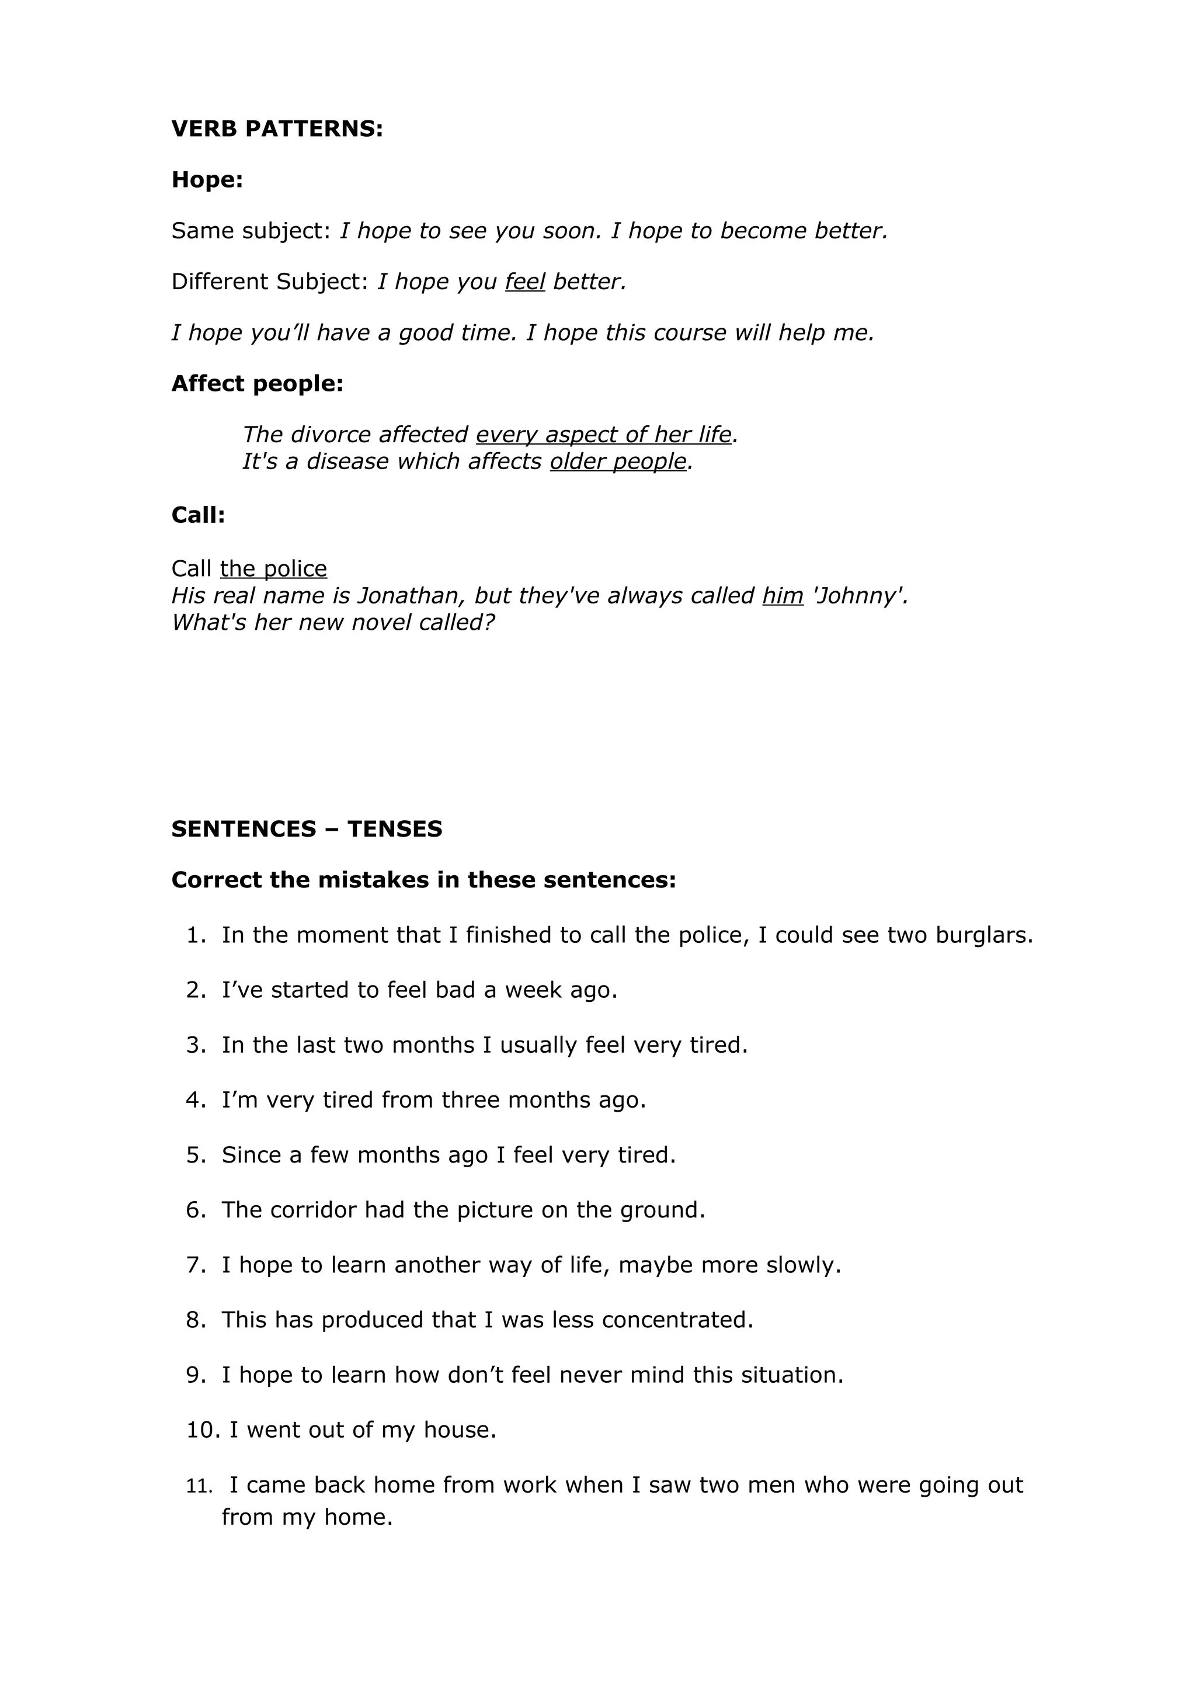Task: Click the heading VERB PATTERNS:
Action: pyautogui.click(x=277, y=129)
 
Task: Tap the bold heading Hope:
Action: pyautogui.click(x=207, y=179)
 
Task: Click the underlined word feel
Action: pyautogui.click(x=524, y=282)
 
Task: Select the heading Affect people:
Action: pyautogui.click(x=257, y=383)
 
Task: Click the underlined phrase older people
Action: pyautogui.click(x=617, y=462)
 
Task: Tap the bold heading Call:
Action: pyautogui.click(x=198, y=515)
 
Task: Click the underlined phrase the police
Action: pyautogui.click(x=273, y=568)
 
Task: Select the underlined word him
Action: pyautogui.click(x=783, y=596)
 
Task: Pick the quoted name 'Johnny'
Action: pyautogui.click(x=858, y=596)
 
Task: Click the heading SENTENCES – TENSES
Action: pyautogui.click(x=307, y=829)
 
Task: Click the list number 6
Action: pyautogui.click(x=195, y=1210)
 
